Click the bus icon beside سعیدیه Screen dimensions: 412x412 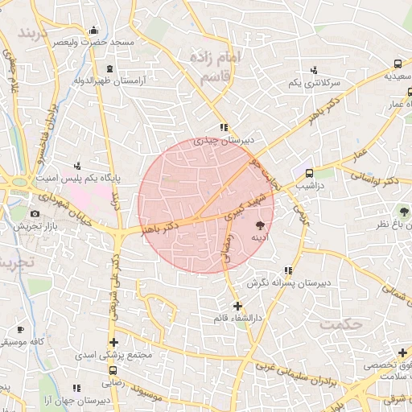[398, 64]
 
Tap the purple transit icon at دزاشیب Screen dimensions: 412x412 [309, 172]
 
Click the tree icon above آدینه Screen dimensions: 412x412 [260, 227]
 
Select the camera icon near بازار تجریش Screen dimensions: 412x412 [34, 214]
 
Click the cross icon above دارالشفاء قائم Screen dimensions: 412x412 [237, 306]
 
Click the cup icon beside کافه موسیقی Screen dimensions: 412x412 [20, 330]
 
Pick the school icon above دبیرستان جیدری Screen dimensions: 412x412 [223, 127]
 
